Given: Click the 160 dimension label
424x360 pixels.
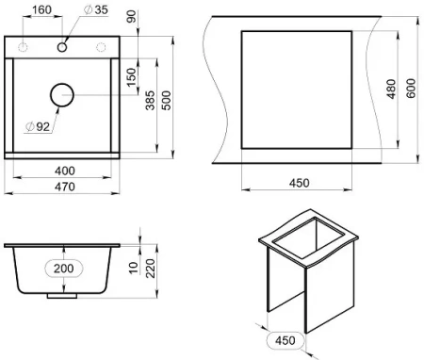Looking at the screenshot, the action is click(41, 9).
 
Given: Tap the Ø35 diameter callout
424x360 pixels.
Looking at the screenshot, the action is click(96, 9).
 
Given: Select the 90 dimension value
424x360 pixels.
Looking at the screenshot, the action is click(132, 16).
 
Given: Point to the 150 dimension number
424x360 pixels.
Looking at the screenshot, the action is click(132, 77).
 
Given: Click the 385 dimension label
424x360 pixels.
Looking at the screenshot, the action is click(150, 101).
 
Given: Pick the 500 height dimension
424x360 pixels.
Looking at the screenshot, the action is click(167, 101).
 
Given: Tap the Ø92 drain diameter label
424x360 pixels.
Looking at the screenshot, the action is click(38, 126).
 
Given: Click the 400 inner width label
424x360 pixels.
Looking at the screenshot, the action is click(65, 171).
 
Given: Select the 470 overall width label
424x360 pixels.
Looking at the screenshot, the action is click(65, 187).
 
